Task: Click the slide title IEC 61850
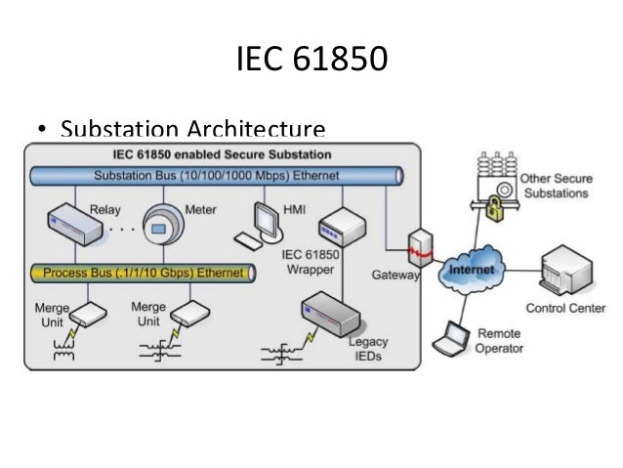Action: coord(311,60)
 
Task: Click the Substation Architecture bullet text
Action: coord(192,129)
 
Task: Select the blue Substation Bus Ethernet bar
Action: coord(216,176)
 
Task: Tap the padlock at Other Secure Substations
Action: coord(495,207)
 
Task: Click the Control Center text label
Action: coord(565,309)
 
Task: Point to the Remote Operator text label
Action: coord(500,341)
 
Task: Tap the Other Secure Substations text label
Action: coord(554,187)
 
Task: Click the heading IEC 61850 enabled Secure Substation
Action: coord(224,154)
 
